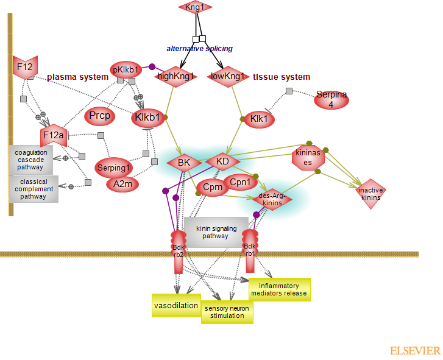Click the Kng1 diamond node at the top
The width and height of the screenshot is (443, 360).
195,7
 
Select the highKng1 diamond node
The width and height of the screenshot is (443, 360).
176,76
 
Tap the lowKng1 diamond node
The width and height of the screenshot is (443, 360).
227,76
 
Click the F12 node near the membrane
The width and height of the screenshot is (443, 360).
26,66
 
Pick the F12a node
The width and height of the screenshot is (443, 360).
53,135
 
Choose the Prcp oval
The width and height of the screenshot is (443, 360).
99,115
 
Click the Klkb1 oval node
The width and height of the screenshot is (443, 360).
147,117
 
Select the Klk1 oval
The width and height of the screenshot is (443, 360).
259,119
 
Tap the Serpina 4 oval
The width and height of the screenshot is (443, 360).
332,99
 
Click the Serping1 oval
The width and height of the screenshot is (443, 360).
113,168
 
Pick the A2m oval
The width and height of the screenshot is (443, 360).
122,183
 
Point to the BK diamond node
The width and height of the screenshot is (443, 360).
184,163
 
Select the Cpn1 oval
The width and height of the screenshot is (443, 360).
241,182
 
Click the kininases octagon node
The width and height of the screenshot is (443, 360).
308,157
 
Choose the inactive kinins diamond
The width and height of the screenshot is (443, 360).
371,194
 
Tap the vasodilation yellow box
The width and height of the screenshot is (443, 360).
176,305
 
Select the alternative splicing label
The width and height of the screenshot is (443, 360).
200,48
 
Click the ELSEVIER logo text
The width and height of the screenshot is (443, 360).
415,351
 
